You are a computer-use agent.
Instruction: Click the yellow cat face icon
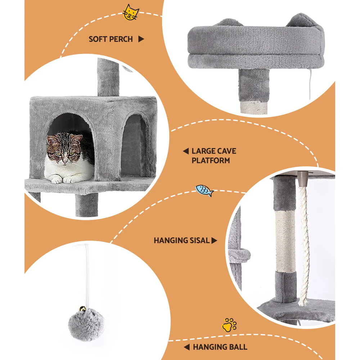[x=131, y=13]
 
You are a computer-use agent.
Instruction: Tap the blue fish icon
[x=204, y=190]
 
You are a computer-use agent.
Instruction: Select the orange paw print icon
[x=229, y=324]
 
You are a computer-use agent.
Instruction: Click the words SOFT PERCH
[x=111, y=39]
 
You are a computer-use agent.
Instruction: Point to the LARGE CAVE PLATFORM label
[x=214, y=156]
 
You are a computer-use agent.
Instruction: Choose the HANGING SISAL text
[x=181, y=240]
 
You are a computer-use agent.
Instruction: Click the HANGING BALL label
[x=220, y=347]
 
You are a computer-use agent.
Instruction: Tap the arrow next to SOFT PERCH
[x=141, y=39]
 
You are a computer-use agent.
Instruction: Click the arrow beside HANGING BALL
[x=186, y=347]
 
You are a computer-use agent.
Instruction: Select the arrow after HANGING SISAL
[x=215, y=240]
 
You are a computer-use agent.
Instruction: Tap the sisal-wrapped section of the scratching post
[x=285, y=241]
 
